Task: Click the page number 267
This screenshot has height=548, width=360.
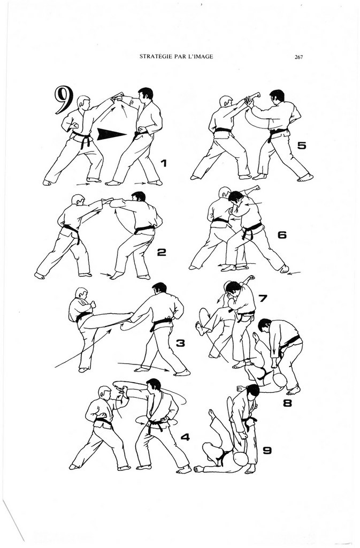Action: [298, 57]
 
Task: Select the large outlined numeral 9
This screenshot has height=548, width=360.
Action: [64, 100]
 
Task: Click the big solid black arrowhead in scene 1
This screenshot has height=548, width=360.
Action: [111, 134]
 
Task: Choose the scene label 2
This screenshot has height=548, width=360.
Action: [162, 252]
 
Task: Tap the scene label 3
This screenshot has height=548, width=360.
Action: [180, 343]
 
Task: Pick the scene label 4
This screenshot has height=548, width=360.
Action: [185, 437]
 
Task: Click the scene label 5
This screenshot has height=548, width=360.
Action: [302, 146]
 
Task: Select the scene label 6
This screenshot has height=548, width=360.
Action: [282, 235]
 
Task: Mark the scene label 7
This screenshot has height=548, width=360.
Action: [263, 298]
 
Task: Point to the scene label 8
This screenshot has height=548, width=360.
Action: [287, 404]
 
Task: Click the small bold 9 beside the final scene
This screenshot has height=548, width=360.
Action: [267, 451]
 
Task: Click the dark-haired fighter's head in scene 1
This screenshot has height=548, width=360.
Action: [145, 94]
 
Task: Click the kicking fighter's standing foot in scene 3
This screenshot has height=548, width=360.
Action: [83, 369]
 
